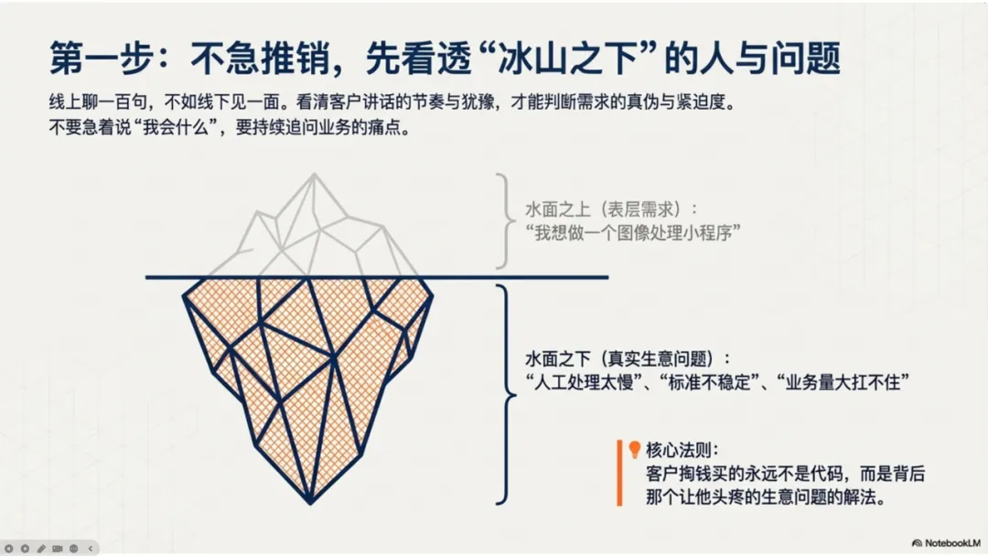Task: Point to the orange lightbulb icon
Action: [632, 449]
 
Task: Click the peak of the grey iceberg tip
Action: [316, 176]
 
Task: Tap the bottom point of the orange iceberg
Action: [309, 501]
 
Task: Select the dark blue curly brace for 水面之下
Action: [502, 393]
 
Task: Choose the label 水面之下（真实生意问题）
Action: [629, 358]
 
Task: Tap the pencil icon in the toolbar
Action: [41, 548]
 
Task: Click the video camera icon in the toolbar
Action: [58, 548]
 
